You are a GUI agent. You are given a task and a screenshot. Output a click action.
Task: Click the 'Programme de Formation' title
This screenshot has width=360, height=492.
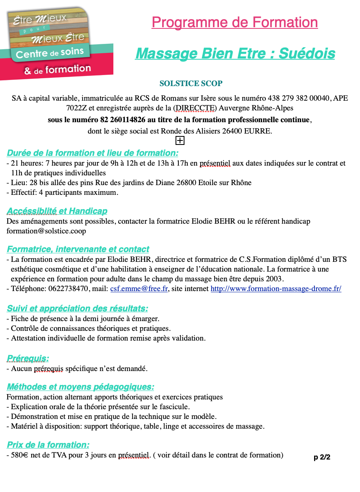click(x=235, y=22)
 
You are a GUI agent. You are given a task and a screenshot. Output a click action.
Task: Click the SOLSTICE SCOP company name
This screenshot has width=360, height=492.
click(x=191, y=84)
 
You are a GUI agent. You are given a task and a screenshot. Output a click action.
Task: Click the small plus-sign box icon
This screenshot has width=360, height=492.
click(x=180, y=140)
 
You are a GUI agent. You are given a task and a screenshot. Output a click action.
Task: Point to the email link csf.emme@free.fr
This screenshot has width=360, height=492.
click(x=139, y=289)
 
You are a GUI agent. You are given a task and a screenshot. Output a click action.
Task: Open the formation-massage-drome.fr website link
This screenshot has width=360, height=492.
click(x=275, y=289)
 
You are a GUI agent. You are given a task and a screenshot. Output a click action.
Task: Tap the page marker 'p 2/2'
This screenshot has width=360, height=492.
click(x=322, y=457)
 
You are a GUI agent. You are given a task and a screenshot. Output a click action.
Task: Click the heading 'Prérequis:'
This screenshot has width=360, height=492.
click(x=28, y=358)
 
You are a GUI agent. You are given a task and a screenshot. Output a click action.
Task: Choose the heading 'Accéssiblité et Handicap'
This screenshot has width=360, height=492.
click(x=57, y=211)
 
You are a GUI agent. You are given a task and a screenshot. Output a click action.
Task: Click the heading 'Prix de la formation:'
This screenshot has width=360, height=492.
click(x=48, y=445)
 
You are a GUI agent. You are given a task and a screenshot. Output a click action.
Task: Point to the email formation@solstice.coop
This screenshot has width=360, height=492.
click(x=46, y=231)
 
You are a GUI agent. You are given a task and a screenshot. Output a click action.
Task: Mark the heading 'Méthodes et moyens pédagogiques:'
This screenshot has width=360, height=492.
click(x=80, y=387)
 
